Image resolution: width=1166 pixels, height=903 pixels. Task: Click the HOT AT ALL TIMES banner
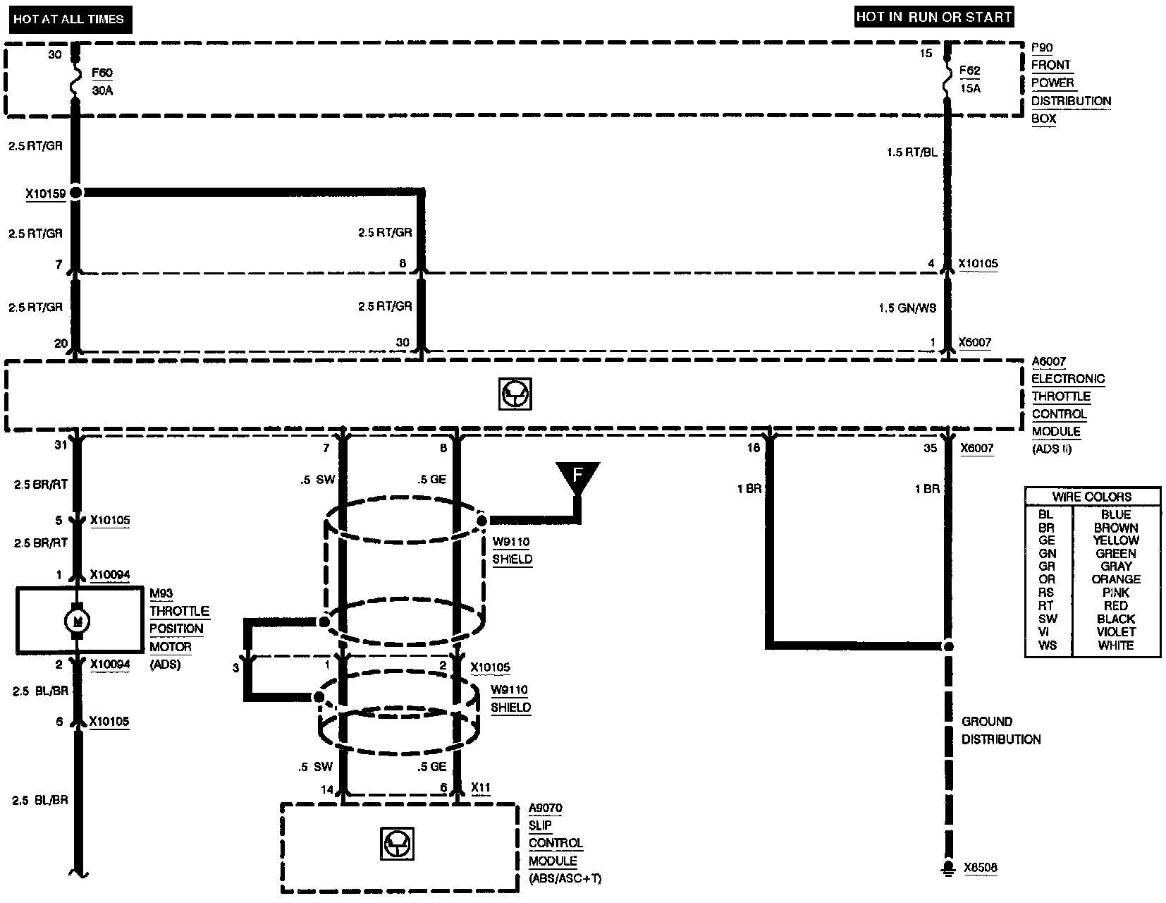click(x=68, y=19)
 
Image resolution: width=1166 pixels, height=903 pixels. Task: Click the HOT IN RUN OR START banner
click(x=933, y=17)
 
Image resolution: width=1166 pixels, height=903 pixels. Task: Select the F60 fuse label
click(x=102, y=73)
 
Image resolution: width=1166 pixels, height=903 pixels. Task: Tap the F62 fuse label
click(x=970, y=71)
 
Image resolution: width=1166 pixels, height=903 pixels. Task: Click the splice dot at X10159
click(x=75, y=192)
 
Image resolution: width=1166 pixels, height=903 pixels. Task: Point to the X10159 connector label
click(x=46, y=193)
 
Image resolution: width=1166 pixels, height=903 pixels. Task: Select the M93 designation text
click(x=161, y=594)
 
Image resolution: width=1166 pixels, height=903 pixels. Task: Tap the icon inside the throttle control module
click(x=515, y=394)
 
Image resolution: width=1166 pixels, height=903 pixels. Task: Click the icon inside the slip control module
click(x=398, y=843)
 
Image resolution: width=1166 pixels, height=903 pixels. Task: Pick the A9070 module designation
click(x=546, y=808)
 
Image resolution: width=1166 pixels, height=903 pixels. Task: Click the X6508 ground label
click(x=981, y=868)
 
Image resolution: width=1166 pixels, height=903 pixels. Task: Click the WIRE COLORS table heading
click(x=1091, y=497)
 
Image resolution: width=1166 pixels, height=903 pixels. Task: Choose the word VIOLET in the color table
click(x=1116, y=632)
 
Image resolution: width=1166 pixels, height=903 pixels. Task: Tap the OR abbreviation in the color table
click(x=1046, y=579)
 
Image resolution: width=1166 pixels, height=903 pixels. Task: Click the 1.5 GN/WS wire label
click(x=907, y=308)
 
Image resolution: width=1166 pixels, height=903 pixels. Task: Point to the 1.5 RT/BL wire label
click(x=912, y=152)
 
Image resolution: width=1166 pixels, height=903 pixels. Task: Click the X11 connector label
click(x=481, y=788)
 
